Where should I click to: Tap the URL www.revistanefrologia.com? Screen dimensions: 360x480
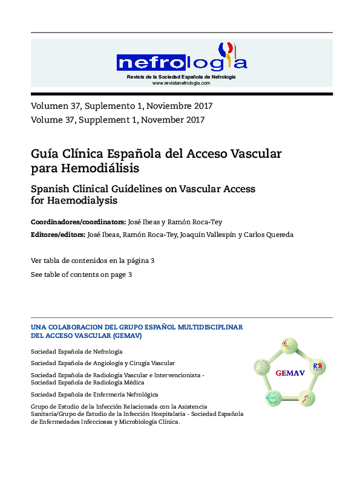click(x=182, y=83)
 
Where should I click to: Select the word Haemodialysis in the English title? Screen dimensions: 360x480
click(x=82, y=200)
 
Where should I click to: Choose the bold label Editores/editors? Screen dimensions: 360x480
click(x=58, y=235)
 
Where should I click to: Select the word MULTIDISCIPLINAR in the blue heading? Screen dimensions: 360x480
click(x=208, y=326)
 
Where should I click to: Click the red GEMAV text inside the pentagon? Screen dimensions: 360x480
click(x=290, y=373)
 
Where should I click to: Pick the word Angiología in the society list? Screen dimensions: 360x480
click(x=106, y=363)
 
